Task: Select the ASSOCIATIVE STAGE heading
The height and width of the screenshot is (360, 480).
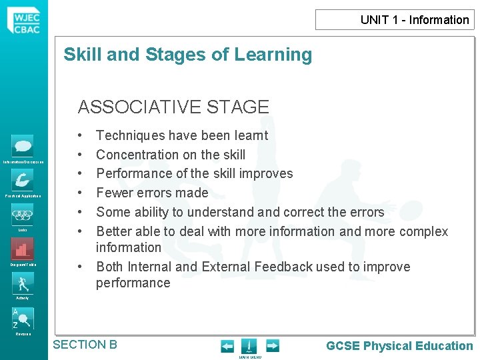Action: tap(173, 107)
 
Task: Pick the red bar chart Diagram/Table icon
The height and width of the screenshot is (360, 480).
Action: tap(23, 249)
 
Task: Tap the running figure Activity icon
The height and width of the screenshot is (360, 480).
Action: tap(23, 283)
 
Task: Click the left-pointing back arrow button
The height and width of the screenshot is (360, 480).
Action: tap(227, 346)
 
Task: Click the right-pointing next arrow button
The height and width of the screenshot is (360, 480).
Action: tap(272, 346)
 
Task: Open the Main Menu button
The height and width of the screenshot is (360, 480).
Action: tap(249, 347)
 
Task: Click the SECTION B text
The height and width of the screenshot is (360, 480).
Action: tap(85, 345)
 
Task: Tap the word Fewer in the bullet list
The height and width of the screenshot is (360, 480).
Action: tap(114, 193)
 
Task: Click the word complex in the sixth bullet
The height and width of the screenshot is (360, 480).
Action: tap(423, 231)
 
